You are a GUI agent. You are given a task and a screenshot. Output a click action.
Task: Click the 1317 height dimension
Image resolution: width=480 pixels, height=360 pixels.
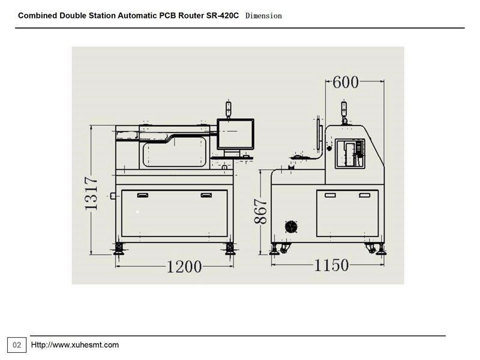click(91, 193)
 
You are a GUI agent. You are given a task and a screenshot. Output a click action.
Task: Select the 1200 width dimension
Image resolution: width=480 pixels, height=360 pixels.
click(184, 266)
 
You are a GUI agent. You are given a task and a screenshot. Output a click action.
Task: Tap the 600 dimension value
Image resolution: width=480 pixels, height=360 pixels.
click(346, 82)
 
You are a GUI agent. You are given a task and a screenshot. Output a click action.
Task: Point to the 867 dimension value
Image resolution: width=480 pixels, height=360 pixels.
click(261, 211)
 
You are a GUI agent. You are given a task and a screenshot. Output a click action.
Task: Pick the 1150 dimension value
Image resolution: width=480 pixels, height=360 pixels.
click(332, 265)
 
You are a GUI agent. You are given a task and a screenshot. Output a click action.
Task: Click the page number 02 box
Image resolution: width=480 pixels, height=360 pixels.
click(17, 345)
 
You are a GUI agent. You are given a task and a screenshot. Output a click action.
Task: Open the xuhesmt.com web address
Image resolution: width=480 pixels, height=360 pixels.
click(74, 345)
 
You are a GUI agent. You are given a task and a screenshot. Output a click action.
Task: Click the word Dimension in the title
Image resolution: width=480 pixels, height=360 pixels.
click(263, 16)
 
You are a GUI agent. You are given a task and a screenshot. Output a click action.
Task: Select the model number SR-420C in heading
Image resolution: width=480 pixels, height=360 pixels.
click(222, 16)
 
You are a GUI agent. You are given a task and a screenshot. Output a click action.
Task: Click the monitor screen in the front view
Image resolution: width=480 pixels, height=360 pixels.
click(235, 134)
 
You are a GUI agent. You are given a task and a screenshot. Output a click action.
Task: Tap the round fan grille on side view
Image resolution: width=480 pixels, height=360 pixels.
click(291, 227)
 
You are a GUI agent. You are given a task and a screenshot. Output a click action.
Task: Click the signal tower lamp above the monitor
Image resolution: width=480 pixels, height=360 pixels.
click(228, 109)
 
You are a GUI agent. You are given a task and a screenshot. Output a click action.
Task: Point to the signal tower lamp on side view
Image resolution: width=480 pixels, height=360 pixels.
click(344, 110)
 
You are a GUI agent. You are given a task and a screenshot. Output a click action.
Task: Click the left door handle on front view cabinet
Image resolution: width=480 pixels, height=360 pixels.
click(143, 196)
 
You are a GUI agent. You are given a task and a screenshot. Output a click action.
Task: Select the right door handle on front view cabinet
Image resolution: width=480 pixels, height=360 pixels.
click(206, 196)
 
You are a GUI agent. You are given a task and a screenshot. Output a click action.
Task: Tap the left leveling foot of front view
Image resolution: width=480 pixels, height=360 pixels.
click(119, 249)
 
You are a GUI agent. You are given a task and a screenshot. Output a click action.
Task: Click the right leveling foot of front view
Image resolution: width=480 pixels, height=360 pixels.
click(230, 249)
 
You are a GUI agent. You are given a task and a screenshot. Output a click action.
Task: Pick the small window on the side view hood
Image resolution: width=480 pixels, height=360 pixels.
click(350, 154)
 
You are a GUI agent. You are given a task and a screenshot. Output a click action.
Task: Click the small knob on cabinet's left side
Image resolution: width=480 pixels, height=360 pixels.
click(113, 196)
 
